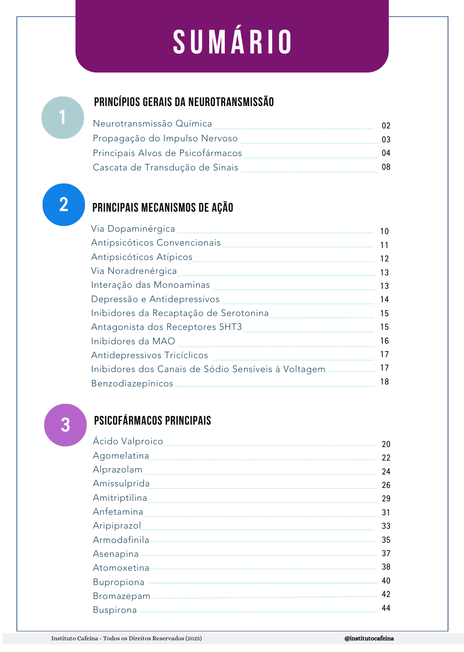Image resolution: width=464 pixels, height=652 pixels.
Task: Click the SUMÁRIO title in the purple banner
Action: click(232, 42)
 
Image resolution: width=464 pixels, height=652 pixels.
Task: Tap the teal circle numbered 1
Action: click(63, 117)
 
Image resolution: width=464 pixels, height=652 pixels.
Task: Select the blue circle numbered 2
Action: click(63, 204)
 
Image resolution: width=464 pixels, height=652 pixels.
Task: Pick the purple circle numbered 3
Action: click(65, 425)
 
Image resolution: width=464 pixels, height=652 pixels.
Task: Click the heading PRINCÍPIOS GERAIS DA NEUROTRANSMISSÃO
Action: click(184, 102)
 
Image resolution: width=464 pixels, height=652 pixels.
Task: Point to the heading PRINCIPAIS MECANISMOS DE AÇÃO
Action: click(163, 207)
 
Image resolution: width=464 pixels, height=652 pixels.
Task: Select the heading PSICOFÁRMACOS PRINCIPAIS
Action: click(152, 420)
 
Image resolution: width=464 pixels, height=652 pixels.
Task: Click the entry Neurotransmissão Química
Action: click(152, 124)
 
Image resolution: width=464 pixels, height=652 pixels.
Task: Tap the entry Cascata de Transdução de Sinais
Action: click(165, 168)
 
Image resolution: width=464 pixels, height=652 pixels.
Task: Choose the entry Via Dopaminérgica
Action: click(133, 229)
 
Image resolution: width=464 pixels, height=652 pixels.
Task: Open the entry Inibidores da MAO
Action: click(133, 342)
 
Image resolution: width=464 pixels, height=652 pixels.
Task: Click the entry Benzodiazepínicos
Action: click(132, 384)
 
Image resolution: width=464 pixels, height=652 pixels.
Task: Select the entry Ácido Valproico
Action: click(128, 442)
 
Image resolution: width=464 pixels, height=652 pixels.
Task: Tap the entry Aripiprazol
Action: click(117, 526)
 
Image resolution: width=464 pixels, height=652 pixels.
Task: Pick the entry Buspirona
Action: click(115, 610)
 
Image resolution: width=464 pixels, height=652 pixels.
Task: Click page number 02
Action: click(386, 126)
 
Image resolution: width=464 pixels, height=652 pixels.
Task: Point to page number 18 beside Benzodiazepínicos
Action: click(384, 382)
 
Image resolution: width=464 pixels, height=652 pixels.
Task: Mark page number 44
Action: click(386, 608)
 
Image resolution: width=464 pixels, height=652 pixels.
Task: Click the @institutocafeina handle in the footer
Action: click(369, 639)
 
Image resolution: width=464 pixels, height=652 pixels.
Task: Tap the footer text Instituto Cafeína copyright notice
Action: click(126, 639)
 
